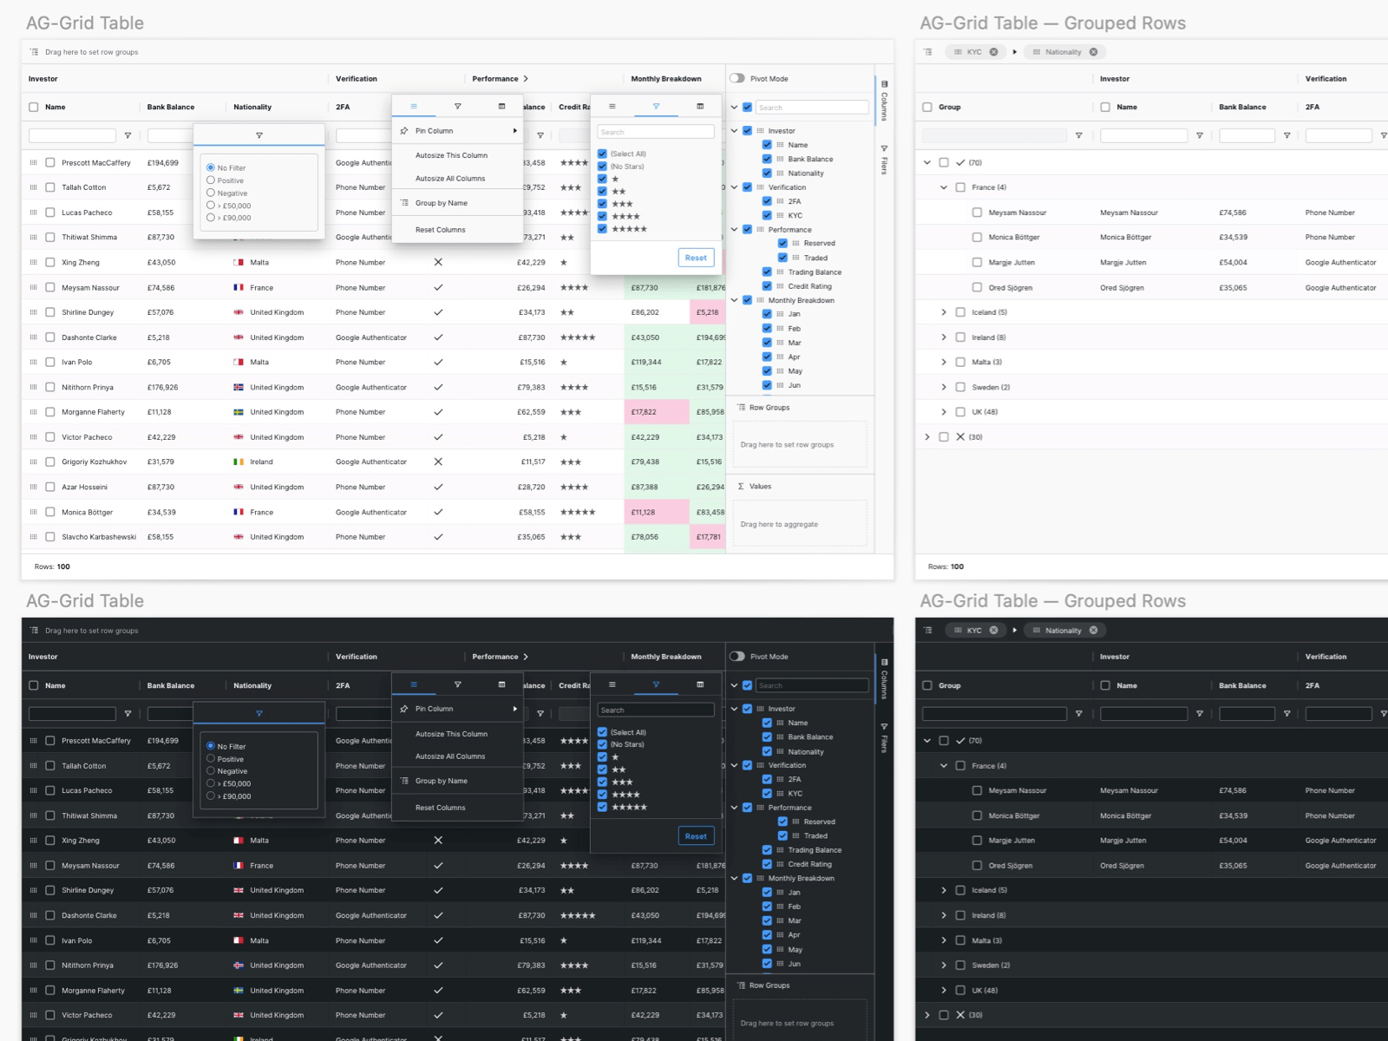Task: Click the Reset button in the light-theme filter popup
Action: point(696,258)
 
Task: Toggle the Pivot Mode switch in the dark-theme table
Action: point(737,657)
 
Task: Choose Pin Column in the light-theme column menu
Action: point(435,131)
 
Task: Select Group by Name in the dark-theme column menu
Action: point(441,781)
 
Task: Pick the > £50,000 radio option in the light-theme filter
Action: point(211,206)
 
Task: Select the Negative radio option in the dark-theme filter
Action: point(211,770)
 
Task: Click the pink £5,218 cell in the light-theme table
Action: point(707,312)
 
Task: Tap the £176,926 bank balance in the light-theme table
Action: point(162,388)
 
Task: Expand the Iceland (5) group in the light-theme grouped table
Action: point(944,312)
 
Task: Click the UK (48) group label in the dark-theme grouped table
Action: point(985,990)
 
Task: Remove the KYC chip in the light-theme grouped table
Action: point(994,52)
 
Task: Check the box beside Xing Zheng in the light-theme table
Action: point(50,262)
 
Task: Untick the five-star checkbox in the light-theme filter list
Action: point(602,229)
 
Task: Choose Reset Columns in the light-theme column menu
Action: point(440,230)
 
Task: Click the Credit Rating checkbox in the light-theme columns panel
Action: point(767,286)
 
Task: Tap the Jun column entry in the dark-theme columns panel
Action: point(794,964)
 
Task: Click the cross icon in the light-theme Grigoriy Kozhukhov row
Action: point(438,462)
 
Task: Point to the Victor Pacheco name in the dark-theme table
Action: point(87,1015)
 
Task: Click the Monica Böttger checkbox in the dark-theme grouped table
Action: point(977,815)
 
